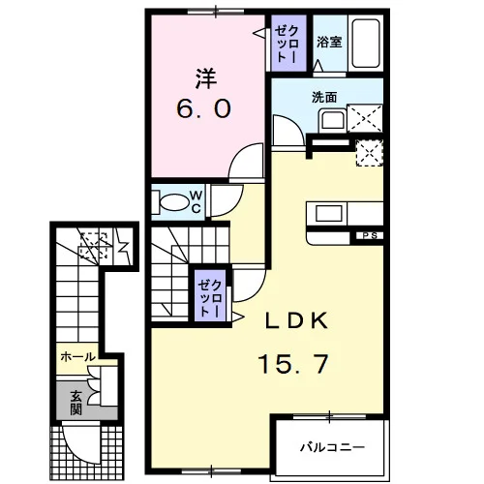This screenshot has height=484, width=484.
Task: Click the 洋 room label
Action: (206, 79)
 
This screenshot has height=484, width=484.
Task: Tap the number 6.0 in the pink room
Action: (204, 108)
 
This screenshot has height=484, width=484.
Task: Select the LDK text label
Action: (296, 320)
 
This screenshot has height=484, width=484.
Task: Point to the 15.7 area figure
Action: (293, 364)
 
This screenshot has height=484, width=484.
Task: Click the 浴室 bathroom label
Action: (329, 42)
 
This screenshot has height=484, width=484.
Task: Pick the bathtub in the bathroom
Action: (366, 44)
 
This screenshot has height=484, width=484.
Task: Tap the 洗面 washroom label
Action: (324, 97)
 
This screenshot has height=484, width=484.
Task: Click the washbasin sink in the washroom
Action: (332, 120)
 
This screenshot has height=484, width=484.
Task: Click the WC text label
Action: (196, 202)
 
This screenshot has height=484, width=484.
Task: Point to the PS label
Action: (370, 235)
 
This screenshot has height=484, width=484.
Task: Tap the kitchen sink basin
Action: (329, 213)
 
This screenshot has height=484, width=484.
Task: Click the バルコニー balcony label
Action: (333, 447)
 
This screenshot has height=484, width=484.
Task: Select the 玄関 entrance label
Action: (76, 403)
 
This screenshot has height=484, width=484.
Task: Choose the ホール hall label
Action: (78, 357)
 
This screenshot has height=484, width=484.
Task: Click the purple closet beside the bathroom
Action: (288, 43)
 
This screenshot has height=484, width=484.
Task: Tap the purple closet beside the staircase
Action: (210, 295)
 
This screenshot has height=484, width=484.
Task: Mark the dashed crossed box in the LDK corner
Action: (370, 153)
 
